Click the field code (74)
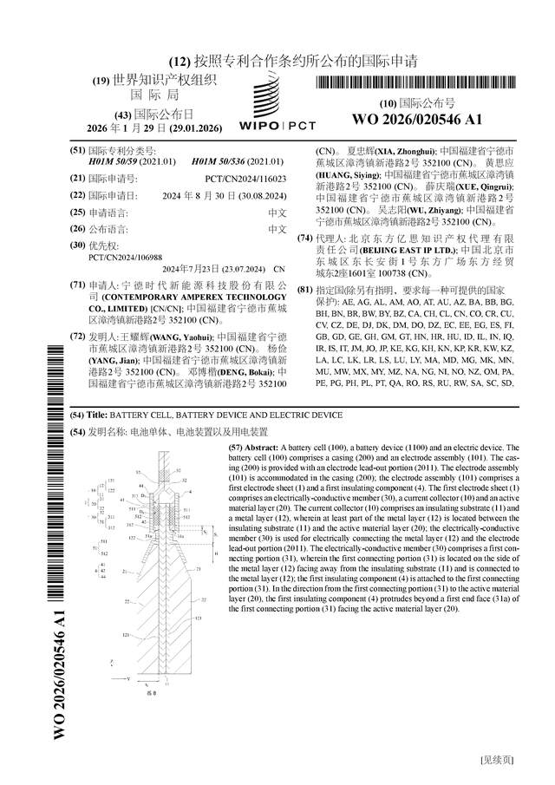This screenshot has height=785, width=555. click(x=304, y=238)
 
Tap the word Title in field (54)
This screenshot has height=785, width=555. click(x=97, y=415)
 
